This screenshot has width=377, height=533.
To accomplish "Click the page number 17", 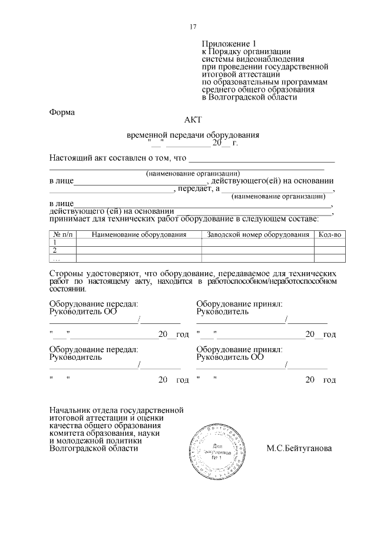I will [x=193, y=27].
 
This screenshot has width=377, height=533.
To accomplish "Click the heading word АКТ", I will [x=193, y=120].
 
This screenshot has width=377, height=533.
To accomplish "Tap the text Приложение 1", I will [x=230, y=44].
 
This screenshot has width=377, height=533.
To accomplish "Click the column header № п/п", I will [x=62, y=234].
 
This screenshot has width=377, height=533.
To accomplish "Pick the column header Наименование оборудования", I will [x=139, y=234].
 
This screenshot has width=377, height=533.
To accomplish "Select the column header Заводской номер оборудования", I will [x=257, y=234].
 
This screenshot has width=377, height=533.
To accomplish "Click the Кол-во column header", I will [x=329, y=234].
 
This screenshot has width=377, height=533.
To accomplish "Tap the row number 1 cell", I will [x=56, y=242].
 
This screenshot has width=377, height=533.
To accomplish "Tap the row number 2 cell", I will [x=56, y=250].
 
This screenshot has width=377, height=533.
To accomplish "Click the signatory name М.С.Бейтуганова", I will [x=299, y=448].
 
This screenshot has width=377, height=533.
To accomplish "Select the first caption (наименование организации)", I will [x=193, y=173].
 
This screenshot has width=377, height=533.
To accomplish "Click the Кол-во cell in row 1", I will [x=329, y=242].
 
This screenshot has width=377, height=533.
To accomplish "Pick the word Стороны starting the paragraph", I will [x=67, y=274].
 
